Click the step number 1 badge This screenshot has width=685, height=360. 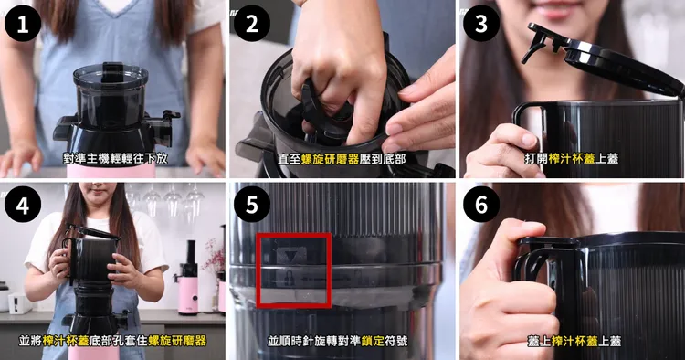23,24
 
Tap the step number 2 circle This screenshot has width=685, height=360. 252,24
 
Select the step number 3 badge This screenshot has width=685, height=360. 481,24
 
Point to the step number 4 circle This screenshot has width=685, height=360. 23,205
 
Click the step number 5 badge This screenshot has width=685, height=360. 252,205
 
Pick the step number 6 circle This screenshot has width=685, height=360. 481,205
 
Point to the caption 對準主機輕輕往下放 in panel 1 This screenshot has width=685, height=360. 115,158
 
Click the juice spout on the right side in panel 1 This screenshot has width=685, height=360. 165,127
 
